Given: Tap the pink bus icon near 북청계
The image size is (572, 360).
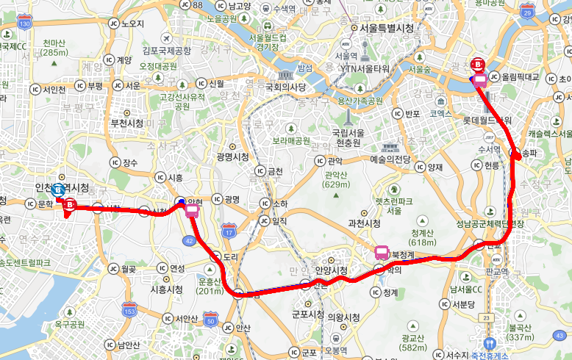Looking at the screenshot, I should [x=382, y=253].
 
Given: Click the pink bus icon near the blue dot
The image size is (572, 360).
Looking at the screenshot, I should [x=192, y=212].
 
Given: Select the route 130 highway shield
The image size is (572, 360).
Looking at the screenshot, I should [x=25, y=25].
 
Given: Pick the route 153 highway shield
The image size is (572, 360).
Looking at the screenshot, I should [x=130, y=312].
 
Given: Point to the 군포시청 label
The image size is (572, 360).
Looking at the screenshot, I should [x=307, y=314].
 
